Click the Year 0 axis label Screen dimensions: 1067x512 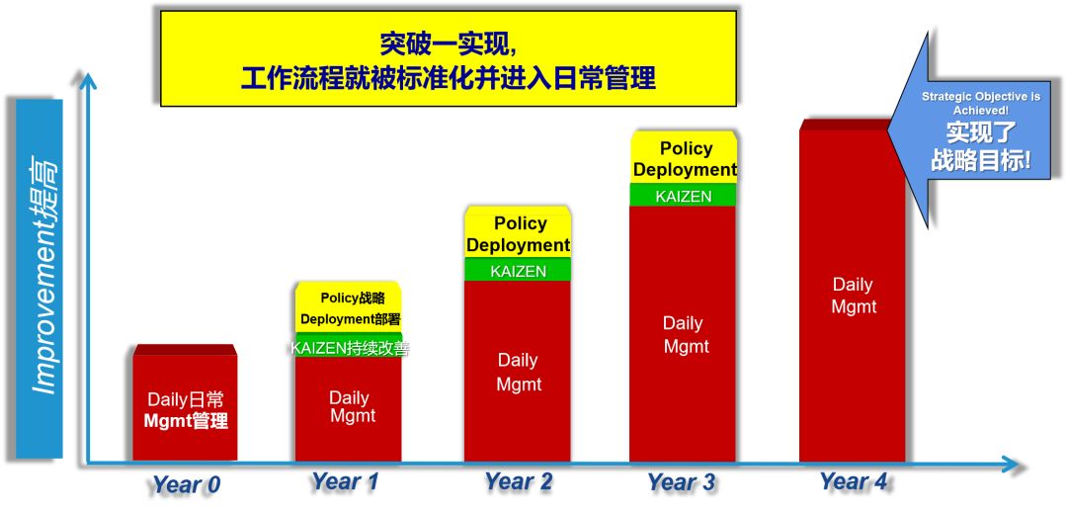pos(186,484)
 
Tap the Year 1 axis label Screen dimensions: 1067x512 pos(345,482)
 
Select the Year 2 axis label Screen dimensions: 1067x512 pos(518,482)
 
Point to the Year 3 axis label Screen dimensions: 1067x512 pos(681,482)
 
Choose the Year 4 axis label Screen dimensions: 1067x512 pos(854,481)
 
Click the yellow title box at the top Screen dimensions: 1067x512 pos(449,58)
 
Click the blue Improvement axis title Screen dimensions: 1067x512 pos(40,279)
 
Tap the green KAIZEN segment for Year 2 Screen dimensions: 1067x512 pos(518,270)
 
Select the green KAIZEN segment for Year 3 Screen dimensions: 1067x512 pos(683,195)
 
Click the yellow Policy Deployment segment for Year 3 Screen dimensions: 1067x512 pos(684,156)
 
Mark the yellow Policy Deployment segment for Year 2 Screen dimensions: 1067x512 pos(518,232)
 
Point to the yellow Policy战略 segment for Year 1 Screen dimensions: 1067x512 pos(349,307)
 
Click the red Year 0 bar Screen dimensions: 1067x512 pos(185,403)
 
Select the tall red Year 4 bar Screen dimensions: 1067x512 pos(853,292)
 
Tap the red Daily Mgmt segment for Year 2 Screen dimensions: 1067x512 pos(518,371)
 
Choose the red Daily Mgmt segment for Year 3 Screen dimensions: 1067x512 pos(683,334)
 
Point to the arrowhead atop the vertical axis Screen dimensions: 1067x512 pos(86,82)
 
